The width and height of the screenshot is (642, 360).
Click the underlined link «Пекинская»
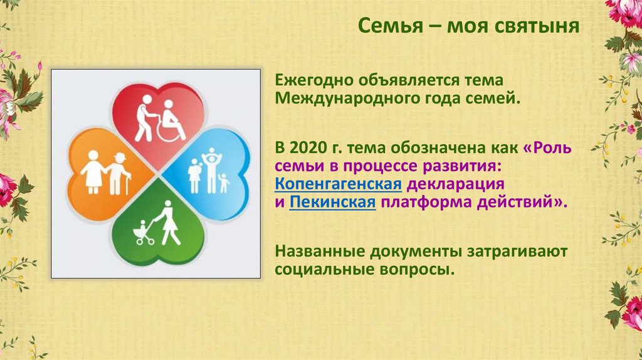tap(332, 203)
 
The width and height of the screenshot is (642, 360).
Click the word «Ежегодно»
tap(313, 80)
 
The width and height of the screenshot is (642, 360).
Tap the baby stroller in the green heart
tap(144, 233)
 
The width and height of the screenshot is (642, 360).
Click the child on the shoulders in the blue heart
tap(211, 155)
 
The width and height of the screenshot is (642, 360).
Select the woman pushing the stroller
tap(167, 223)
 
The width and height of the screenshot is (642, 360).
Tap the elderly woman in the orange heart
tap(93, 172)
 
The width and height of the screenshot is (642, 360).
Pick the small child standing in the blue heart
tap(223, 183)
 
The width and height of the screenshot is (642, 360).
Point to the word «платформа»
tap(426, 203)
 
